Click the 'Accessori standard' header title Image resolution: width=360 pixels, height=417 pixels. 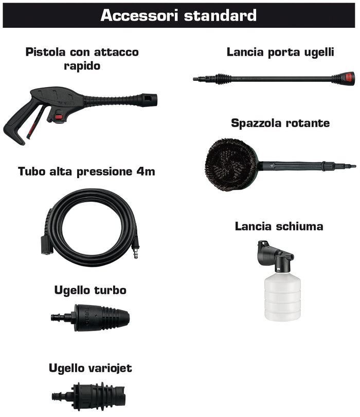click(x=178, y=15)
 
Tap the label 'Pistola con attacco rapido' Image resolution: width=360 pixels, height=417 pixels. click(x=82, y=59)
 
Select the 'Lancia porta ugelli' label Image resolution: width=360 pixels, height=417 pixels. click(x=280, y=52)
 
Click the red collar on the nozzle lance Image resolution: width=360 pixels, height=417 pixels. click(x=349, y=78)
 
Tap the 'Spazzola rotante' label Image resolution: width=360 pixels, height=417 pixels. click(x=280, y=124)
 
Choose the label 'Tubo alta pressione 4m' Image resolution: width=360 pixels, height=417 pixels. click(x=86, y=171)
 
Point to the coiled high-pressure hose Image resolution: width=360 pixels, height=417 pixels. click(x=90, y=227)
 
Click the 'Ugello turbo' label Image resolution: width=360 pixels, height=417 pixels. click(x=91, y=290)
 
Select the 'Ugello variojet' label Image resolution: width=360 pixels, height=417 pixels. click(x=91, y=368)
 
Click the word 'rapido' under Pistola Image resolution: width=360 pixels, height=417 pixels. click(x=82, y=66)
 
